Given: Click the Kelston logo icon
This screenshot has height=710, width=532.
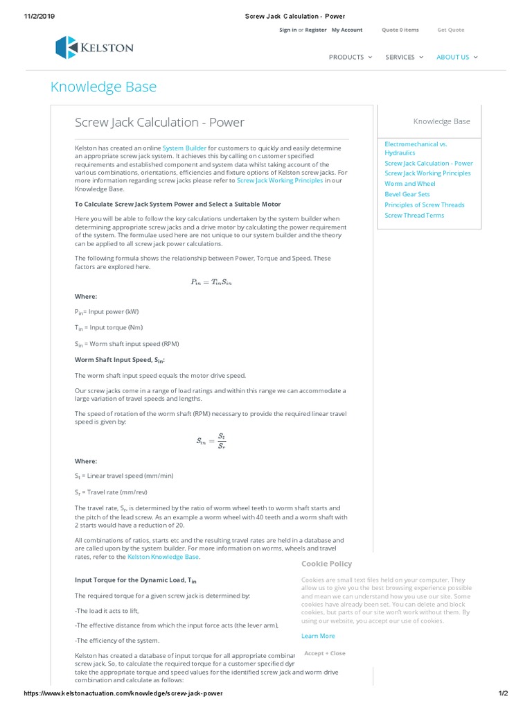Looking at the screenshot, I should pos(67,47).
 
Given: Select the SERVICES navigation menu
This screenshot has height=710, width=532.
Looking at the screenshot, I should pos(404,57).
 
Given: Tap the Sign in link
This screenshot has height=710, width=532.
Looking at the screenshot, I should pos(287,30).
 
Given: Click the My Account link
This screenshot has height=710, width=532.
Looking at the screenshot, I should pos(346,30).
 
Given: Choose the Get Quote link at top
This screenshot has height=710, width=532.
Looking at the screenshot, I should pos(450,30).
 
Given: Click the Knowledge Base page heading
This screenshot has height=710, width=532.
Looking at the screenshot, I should pos(103,87).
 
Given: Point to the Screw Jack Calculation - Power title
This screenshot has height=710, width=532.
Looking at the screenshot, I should pos(159,123).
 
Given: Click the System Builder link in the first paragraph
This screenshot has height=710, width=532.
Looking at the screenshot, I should pos(184,148).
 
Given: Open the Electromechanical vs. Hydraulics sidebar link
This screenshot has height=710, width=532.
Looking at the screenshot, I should pos(416,148).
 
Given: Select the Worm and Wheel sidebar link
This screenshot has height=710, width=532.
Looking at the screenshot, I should pos(410,184).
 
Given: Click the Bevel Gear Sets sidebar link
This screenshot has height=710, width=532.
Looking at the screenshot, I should pos(407,194).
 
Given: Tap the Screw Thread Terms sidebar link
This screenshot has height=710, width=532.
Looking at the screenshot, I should pos(414,215).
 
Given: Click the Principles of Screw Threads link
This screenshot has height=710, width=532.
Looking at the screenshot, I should pos(425,205).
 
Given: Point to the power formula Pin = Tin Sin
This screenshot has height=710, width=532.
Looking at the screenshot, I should pos(211,282).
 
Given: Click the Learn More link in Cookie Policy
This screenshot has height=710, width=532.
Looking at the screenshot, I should pos(318,636).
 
